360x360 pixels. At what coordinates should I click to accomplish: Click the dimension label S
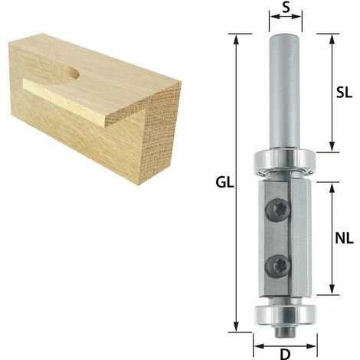pyautogui.click(x=286, y=8)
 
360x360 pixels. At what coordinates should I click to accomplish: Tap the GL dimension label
pyautogui.click(x=224, y=182)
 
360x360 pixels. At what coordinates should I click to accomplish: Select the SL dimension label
pyautogui.click(x=344, y=93)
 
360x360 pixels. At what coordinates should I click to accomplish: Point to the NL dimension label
pyautogui.click(x=344, y=239)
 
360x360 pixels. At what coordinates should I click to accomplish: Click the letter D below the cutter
pyautogui.click(x=285, y=355)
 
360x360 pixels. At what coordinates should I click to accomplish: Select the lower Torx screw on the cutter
pyautogui.click(x=278, y=267)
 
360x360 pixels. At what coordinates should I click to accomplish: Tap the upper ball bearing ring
pyautogui.click(x=285, y=162)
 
